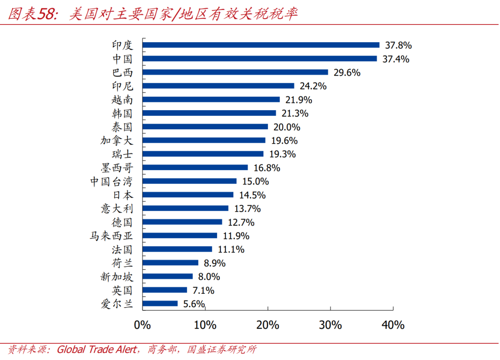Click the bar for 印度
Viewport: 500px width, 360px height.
click(x=261, y=45)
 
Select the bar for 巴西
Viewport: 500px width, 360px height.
click(x=235, y=72)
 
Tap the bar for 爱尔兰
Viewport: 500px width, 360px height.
click(x=160, y=303)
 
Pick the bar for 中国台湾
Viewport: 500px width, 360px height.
click(x=189, y=181)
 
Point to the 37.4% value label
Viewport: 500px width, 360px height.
click(x=396, y=59)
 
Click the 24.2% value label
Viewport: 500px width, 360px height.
click(x=313, y=86)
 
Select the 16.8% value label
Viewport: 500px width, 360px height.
click(x=267, y=168)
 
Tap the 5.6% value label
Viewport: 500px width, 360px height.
click(x=192, y=304)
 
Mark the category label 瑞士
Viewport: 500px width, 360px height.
click(x=122, y=154)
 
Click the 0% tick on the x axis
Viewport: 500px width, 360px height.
click(x=142, y=325)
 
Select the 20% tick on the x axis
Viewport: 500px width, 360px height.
click(x=268, y=325)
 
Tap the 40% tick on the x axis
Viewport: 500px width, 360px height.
click(x=393, y=325)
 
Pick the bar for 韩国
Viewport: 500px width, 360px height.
click(x=209, y=113)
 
